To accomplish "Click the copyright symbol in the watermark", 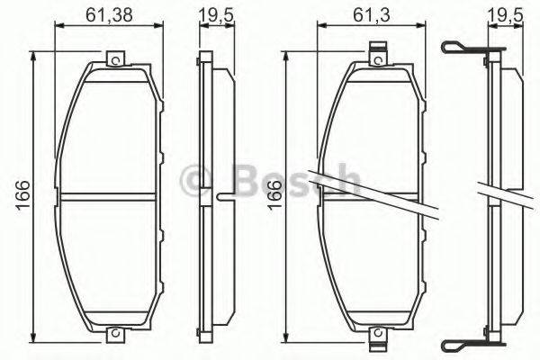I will coord(193,179).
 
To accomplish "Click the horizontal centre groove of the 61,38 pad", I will coord(112,196).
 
